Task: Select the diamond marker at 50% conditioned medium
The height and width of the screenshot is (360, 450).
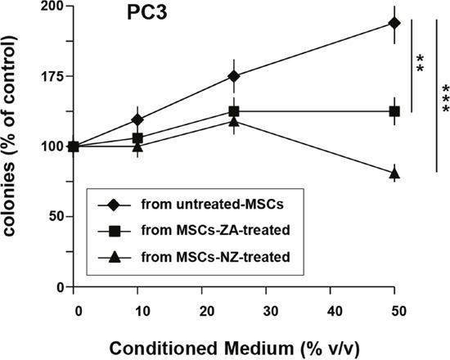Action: (x=394, y=23)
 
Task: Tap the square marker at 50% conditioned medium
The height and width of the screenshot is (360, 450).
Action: (x=394, y=111)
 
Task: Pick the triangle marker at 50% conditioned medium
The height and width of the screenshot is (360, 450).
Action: (x=394, y=173)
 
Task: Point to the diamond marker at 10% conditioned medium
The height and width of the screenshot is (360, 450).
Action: (x=137, y=119)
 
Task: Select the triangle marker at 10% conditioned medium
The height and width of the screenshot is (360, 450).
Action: (x=137, y=146)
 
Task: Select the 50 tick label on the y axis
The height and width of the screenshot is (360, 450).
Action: (x=56, y=217)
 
